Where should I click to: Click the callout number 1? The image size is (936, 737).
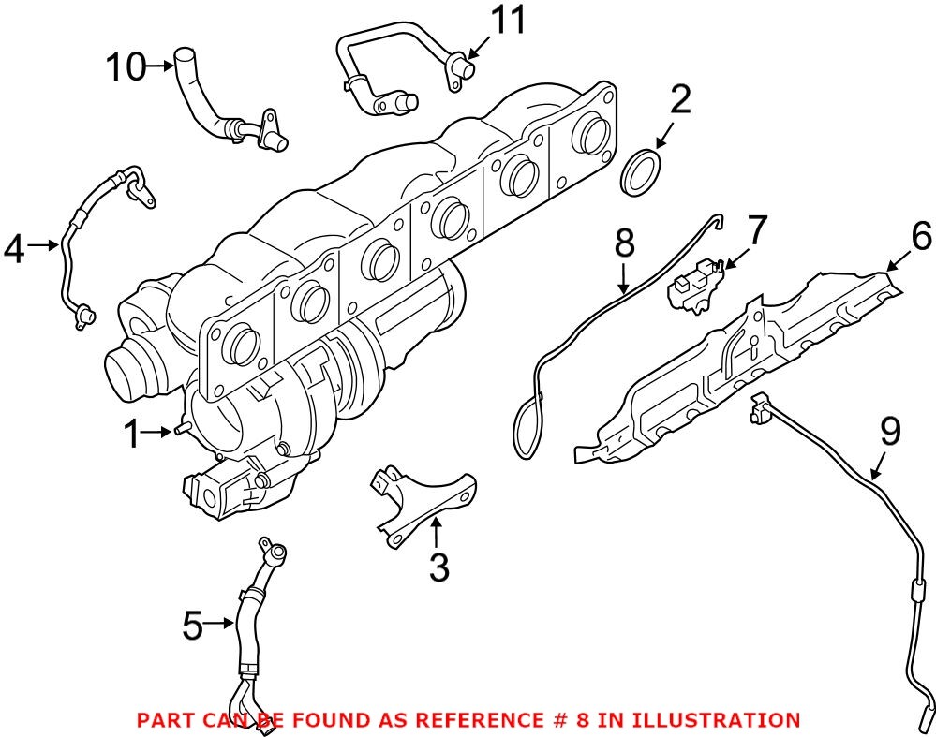click(x=133, y=434)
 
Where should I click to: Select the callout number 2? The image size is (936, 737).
click(x=681, y=99)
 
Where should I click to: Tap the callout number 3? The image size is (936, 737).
click(x=438, y=567)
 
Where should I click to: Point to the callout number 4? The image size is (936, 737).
click(x=15, y=248)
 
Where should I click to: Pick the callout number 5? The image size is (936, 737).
click(x=192, y=626)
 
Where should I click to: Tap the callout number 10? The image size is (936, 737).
click(x=126, y=66)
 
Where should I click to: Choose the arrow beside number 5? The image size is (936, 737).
click(x=222, y=623)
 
